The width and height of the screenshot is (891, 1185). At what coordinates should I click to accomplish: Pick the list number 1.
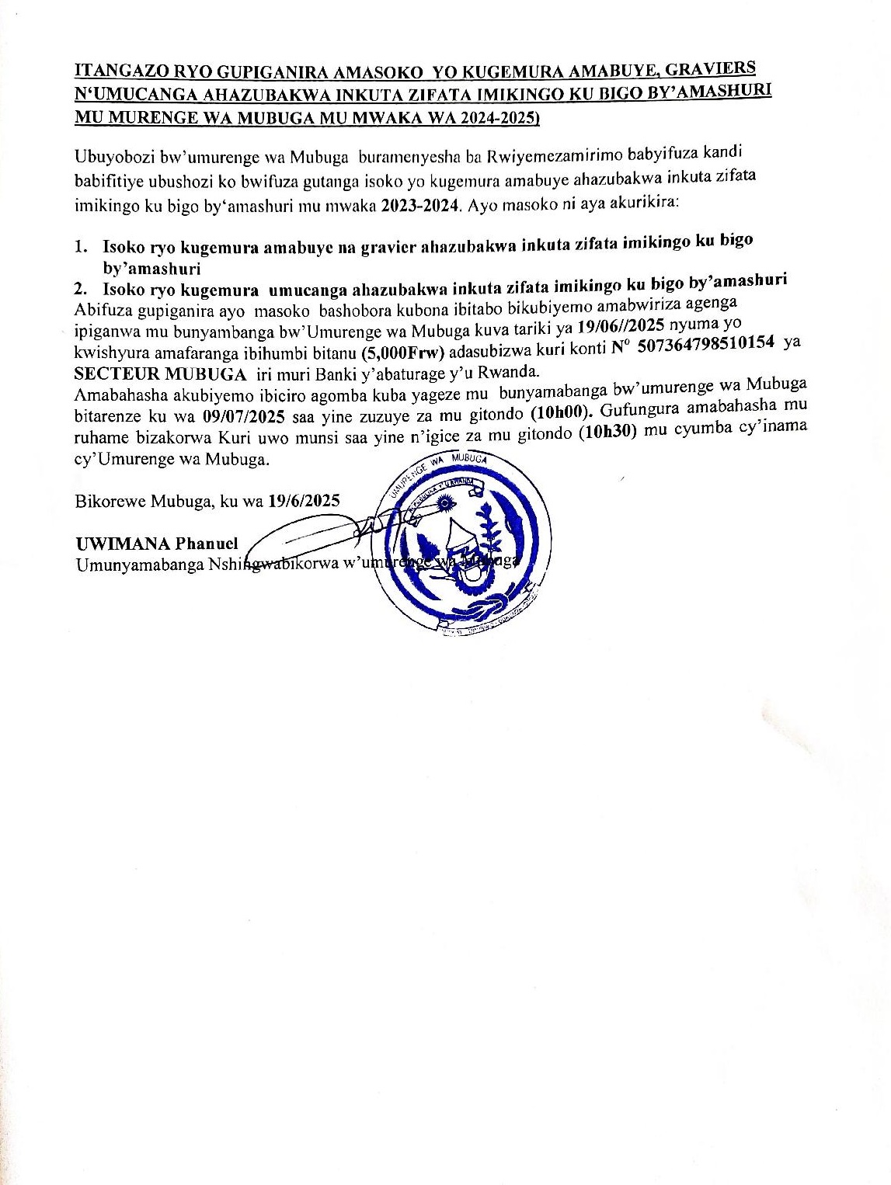[80, 247]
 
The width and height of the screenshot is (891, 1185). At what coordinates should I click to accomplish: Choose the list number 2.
[80, 290]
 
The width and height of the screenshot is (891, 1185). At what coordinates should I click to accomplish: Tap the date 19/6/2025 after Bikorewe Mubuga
[303, 501]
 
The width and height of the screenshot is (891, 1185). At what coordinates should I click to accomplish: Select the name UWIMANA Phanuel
[156, 543]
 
